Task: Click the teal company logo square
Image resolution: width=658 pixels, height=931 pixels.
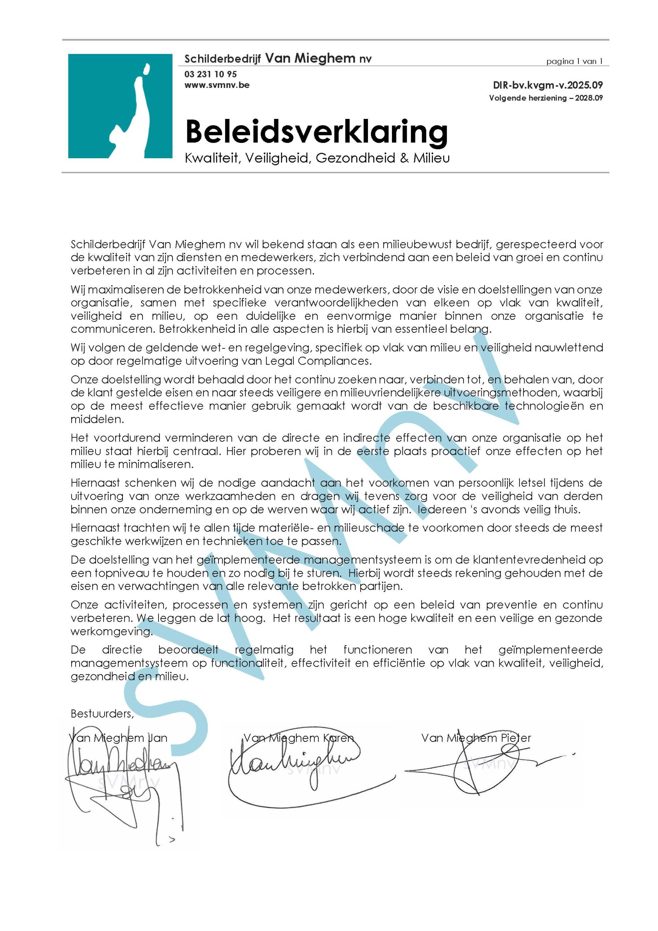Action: tap(120, 106)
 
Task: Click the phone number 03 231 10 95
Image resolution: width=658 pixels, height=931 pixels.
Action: tap(210, 74)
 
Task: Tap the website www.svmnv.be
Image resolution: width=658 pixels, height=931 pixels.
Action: tap(217, 85)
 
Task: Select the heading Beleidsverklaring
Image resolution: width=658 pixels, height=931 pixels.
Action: tap(316, 131)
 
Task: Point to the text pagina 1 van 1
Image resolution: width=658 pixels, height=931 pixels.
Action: tap(574, 61)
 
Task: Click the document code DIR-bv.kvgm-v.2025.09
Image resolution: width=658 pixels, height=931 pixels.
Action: tap(548, 85)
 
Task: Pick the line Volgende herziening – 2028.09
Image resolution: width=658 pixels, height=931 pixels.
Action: tap(546, 98)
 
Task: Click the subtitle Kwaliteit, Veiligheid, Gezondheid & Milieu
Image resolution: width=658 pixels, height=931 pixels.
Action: tap(317, 158)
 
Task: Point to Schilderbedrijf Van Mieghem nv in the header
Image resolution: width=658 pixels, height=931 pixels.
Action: tap(278, 59)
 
